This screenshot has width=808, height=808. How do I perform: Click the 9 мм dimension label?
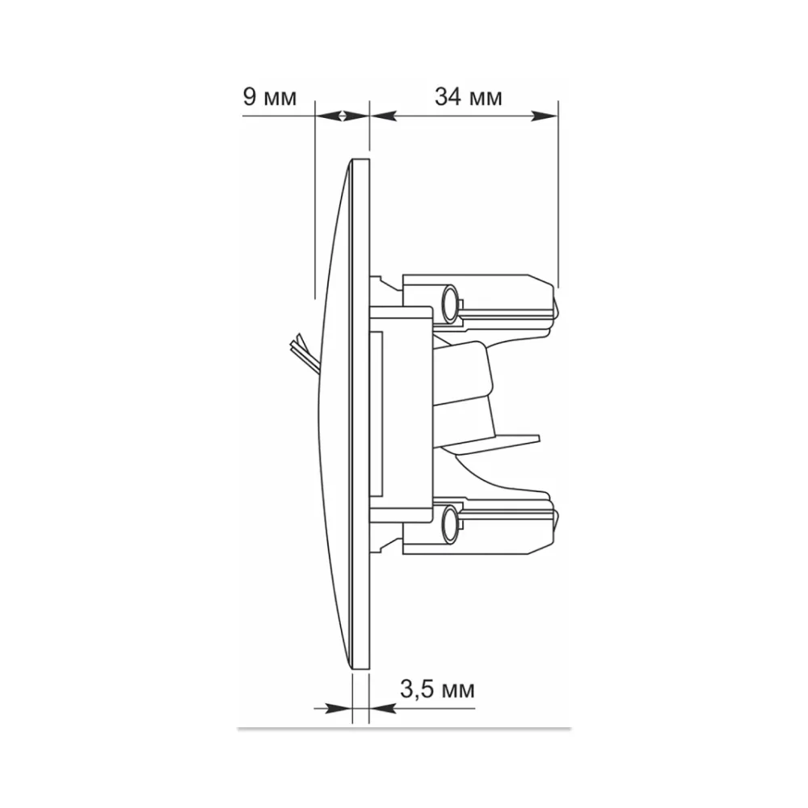click(x=270, y=97)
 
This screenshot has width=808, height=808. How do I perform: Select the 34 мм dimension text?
click(x=468, y=97)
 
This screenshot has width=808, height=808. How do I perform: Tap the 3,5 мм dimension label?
click(x=437, y=689)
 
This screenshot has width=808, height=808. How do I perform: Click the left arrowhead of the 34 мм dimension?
click(x=383, y=116)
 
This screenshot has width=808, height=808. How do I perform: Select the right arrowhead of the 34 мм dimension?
click(x=544, y=116)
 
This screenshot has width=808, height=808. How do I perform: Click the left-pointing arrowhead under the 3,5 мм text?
click(x=383, y=709)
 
